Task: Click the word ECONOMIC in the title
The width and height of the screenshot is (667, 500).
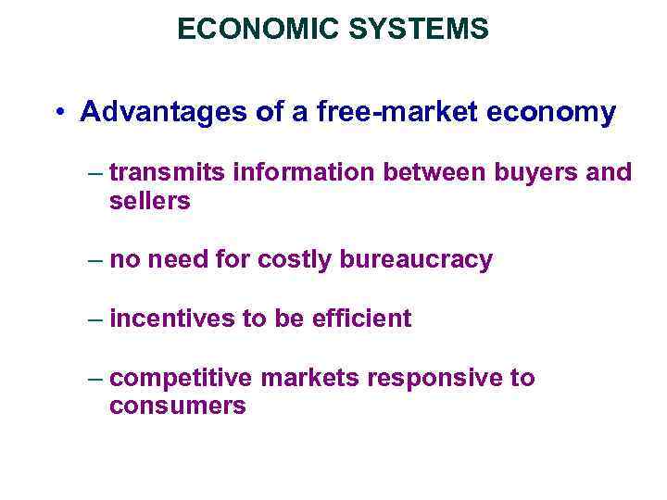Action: click(234, 30)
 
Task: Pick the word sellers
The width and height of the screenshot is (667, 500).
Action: click(149, 200)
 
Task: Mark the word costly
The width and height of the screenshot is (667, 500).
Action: click(296, 260)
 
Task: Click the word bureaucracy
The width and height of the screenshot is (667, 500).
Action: click(416, 260)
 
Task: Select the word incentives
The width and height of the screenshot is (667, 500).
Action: click(171, 319)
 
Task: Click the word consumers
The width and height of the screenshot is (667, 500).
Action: click(177, 406)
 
